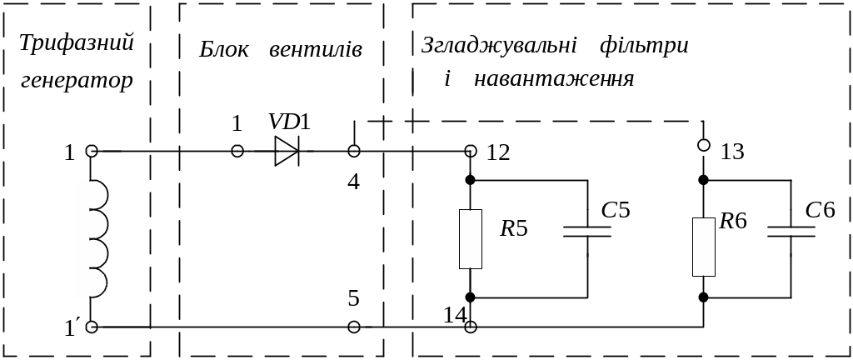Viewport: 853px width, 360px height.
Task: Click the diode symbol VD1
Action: click(287, 151)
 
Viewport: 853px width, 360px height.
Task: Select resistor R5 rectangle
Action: click(471, 239)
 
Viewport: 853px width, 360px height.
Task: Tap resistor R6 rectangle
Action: click(704, 246)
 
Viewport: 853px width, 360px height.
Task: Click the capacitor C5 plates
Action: click(587, 231)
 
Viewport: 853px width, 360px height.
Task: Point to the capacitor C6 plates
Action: click(791, 231)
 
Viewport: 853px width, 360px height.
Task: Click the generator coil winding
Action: click(91, 239)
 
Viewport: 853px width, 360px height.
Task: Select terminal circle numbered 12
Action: click(471, 151)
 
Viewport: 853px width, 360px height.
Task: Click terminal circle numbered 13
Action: click(704, 145)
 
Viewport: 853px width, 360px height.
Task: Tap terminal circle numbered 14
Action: click(471, 327)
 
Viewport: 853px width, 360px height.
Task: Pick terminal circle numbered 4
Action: click(354, 151)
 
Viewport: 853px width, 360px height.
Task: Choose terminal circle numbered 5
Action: click(354, 327)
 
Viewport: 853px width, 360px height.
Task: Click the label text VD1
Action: click(289, 122)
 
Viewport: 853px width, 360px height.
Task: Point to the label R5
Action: click(514, 227)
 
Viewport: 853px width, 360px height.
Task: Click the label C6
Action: click(820, 210)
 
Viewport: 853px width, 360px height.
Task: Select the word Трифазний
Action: click(77, 43)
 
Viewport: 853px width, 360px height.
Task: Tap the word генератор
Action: click(77, 82)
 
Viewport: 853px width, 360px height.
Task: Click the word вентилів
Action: click(316, 49)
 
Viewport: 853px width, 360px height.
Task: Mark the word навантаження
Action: click(553, 80)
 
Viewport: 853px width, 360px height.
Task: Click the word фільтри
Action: click(644, 46)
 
